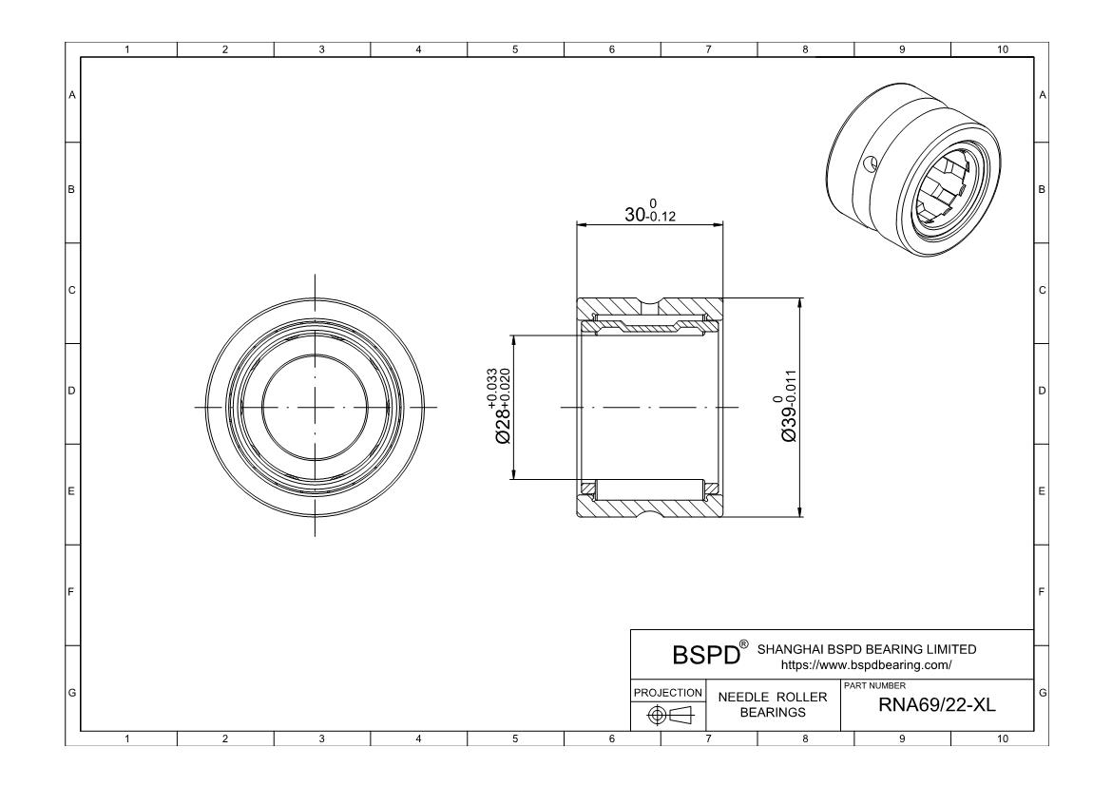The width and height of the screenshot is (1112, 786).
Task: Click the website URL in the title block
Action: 866,665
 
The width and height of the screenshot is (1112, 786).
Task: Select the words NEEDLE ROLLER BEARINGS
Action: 773,704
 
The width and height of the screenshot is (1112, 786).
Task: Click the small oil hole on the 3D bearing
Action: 869,163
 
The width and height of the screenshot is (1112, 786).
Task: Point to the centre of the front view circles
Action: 315,407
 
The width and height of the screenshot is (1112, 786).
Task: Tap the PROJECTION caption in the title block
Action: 668,692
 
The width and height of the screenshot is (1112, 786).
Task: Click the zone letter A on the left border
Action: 71,95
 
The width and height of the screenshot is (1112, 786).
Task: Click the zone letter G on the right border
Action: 1043,692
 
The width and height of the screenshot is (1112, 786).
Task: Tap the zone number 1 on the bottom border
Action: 128,738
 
